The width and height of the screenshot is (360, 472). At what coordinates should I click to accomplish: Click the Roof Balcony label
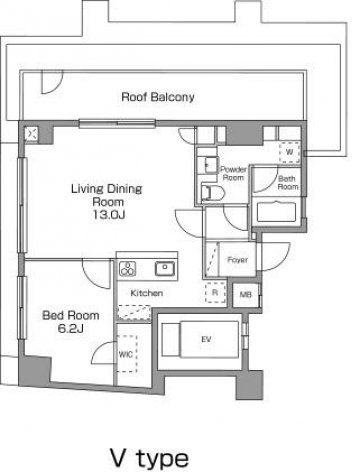(158, 97)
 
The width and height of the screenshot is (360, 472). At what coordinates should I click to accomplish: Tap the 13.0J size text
(109, 215)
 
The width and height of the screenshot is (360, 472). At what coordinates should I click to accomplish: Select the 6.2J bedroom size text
(70, 329)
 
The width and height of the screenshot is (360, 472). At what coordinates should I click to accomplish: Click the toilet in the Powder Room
(213, 193)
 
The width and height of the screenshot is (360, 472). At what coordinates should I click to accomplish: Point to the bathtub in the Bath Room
(276, 211)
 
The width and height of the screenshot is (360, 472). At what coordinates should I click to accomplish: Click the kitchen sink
(165, 269)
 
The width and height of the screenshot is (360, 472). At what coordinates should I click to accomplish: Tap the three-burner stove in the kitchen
(127, 269)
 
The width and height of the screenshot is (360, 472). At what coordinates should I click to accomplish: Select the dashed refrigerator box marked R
(215, 292)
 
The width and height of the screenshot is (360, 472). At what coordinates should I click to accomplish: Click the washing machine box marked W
(289, 152)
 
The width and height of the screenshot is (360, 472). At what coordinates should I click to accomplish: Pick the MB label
(245, 295)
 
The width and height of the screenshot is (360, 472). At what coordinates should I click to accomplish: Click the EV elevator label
(206, 339)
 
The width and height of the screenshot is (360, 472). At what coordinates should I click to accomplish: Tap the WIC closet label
(126, 354)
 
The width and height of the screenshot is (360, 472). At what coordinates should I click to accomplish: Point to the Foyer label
(237, 260)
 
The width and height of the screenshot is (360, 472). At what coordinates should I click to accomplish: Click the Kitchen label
(147, 293)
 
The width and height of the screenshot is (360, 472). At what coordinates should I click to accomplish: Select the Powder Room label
(233, 173)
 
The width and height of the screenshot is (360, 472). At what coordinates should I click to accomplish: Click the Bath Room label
(288, 183)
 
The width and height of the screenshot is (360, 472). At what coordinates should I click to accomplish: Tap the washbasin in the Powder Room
(210, 165)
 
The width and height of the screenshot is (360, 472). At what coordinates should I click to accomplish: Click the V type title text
(149, 458)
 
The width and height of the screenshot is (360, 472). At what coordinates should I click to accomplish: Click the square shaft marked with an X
(32, 134)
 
